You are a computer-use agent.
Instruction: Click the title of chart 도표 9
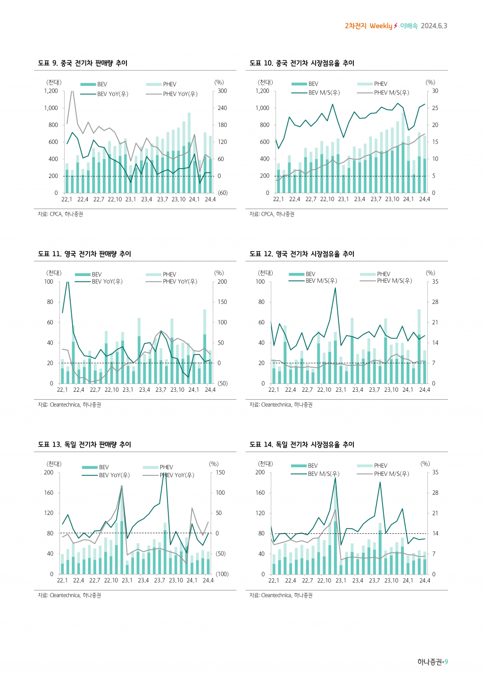(83, 63)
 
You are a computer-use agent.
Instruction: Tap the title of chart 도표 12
(302, 254)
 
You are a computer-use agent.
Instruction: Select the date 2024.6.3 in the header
(434, 26)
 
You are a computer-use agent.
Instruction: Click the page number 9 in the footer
(446, 662)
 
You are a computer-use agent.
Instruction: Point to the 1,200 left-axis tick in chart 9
(51, 91)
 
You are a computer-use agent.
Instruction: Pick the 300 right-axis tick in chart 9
(222, 91)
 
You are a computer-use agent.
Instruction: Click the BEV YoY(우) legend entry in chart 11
(107, 282)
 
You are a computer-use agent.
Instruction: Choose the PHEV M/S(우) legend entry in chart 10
(391, 93)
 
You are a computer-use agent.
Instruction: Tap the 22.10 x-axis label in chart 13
(111, 581)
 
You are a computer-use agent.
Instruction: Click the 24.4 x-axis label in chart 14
(425, 581)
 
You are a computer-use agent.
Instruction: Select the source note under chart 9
(60, 214)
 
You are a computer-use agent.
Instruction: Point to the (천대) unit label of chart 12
(266, 273)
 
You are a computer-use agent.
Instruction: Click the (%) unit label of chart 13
(214, 464)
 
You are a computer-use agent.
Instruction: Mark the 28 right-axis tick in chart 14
(435, 493)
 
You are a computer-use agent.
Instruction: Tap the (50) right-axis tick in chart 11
(222, 384)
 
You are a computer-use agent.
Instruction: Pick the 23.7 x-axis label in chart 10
(376, 199)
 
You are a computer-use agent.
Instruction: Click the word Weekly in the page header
(381, 26)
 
